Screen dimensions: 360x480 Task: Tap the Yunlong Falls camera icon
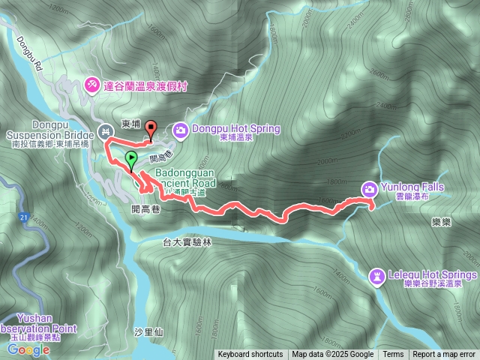370,189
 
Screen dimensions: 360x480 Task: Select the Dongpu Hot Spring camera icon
181,130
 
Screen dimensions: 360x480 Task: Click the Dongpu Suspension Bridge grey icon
106,129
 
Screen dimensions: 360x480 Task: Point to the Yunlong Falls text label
412,187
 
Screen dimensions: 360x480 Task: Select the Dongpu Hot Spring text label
235,129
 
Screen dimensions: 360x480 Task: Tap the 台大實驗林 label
187,242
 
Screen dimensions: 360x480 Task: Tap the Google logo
29,349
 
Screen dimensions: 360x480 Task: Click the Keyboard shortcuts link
250,355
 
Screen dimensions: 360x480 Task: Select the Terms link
393,355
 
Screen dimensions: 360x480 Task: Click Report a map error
445,355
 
